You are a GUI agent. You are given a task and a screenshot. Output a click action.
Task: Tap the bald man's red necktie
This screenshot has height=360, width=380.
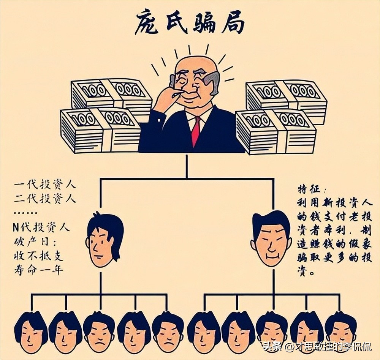tap(195, 131)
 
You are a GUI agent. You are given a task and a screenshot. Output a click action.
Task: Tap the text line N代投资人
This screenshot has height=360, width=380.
tap(41, 228)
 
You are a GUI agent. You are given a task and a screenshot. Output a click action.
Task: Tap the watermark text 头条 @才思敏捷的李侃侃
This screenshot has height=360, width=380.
tap(316, 346)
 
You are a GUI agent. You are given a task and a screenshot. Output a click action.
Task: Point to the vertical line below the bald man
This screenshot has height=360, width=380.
tap(186, 166)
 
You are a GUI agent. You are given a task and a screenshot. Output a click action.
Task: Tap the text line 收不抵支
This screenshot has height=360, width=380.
tap(38, 256)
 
